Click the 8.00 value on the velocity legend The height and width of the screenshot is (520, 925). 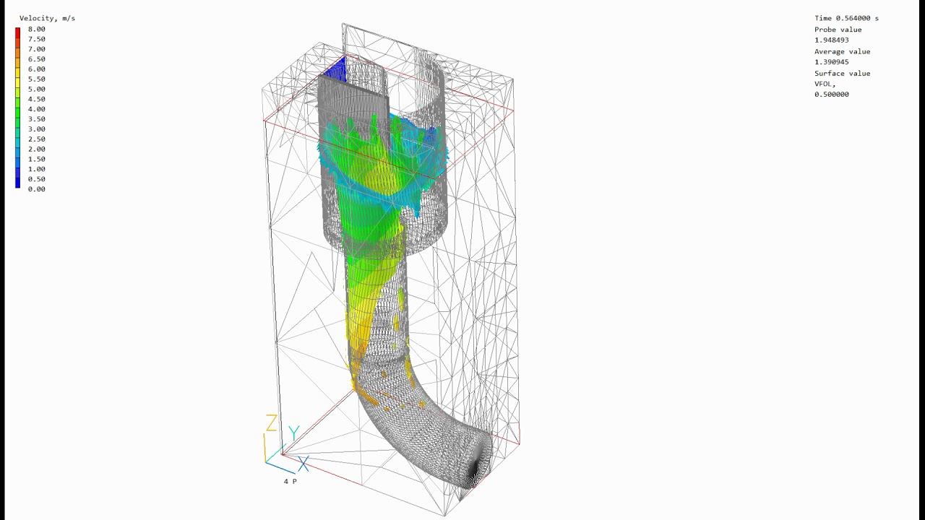tap(37, 30)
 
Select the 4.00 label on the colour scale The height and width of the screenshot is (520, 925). tap(37, 109)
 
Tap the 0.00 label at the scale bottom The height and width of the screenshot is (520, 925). tap(37, 189)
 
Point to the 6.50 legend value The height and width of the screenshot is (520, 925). tap(37, 59)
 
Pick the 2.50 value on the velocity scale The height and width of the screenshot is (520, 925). tap(37, 139)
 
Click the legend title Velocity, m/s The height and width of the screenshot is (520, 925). tap(47, 19)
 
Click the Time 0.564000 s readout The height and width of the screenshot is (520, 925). tap(846, 18)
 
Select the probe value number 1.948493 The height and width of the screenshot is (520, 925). tap(832, 40)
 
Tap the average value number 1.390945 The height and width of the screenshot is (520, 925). tap(832, 62)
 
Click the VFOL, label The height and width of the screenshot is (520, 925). tap(825, 84)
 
